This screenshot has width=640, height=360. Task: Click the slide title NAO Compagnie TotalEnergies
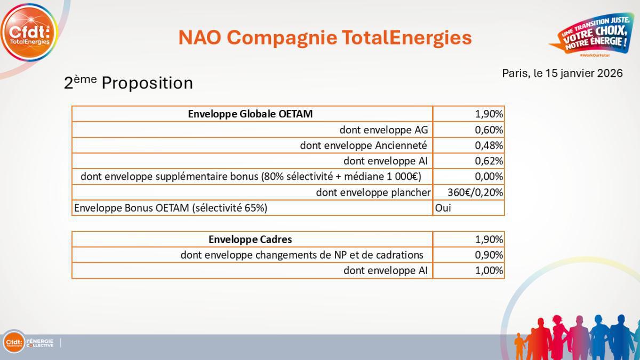325,37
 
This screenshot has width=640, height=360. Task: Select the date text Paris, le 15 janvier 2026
562,73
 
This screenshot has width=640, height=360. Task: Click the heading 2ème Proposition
128,83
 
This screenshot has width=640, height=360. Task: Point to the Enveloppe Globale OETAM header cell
251,114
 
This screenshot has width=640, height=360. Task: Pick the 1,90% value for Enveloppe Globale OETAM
489,114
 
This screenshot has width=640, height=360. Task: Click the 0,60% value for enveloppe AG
489,130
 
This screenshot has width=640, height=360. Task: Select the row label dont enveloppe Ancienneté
363,145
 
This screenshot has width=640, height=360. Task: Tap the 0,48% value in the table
489,145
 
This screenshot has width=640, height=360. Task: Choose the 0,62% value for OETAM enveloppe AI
489,161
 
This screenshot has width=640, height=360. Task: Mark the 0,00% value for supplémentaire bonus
489,176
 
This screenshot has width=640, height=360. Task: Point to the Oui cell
443,207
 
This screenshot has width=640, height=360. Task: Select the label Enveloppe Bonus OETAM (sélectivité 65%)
171,207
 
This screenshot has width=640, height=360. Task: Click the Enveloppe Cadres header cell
251,239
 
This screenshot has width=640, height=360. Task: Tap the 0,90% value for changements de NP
489,254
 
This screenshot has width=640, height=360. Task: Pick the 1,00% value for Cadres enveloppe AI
489,270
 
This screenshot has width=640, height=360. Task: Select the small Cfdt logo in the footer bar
14,342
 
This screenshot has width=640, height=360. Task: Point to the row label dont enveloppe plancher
373,192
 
